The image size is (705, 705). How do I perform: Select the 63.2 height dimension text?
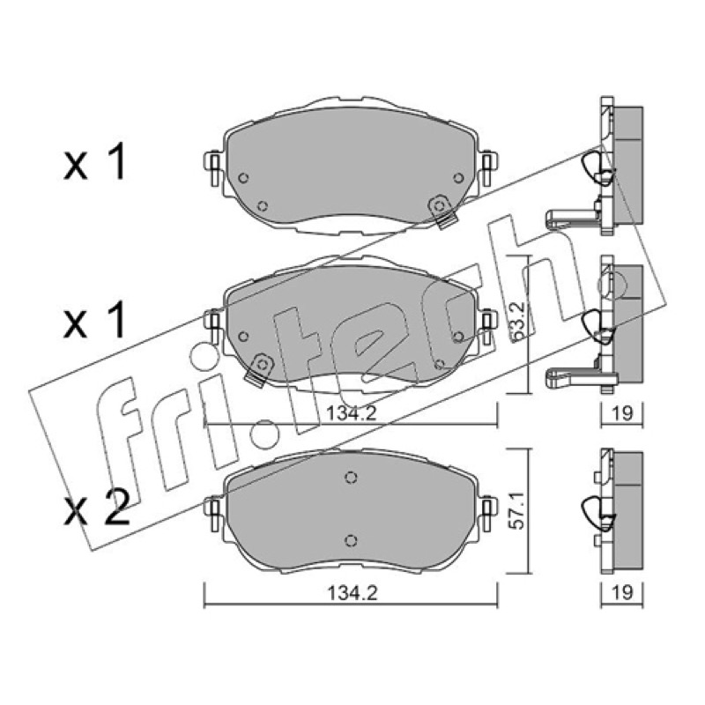coord(518,321)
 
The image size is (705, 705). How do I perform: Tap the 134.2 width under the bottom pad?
coord(352,593)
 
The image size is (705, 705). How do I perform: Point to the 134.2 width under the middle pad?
coord(352,413)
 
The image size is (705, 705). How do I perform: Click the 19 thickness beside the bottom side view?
coord(623,592)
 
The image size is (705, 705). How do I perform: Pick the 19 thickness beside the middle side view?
coord(623,412)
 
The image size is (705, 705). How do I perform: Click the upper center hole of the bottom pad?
coord(351,477)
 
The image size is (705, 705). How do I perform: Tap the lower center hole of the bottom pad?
coord(351,540)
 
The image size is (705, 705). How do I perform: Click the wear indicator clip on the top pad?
coord(442,211)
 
